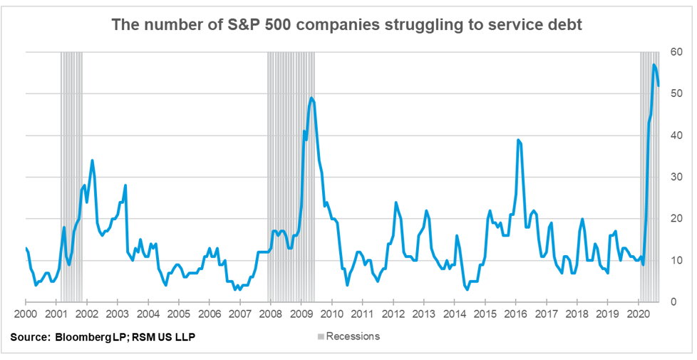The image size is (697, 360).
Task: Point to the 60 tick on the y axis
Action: (676, 52)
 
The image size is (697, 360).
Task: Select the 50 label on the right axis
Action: (676, 93)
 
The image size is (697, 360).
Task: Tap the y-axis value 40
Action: (676, 135)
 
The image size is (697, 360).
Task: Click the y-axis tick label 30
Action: (676, 177)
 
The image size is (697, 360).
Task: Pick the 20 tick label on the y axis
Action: (676, 219)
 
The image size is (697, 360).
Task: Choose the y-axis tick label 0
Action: (676, 302)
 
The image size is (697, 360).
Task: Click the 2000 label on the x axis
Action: (26, 313)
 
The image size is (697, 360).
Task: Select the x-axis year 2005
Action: (178, 313)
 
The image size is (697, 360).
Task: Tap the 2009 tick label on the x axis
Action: (301, 313)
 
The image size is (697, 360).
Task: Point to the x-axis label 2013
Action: (423, 313)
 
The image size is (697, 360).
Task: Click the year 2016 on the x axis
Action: (515, 313)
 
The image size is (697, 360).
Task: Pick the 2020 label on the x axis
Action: (638, 313)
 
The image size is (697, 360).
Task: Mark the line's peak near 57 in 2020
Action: (654, 65)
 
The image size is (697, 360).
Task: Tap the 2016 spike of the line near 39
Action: (518, 140)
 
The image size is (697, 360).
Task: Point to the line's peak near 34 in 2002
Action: (92, 160)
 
